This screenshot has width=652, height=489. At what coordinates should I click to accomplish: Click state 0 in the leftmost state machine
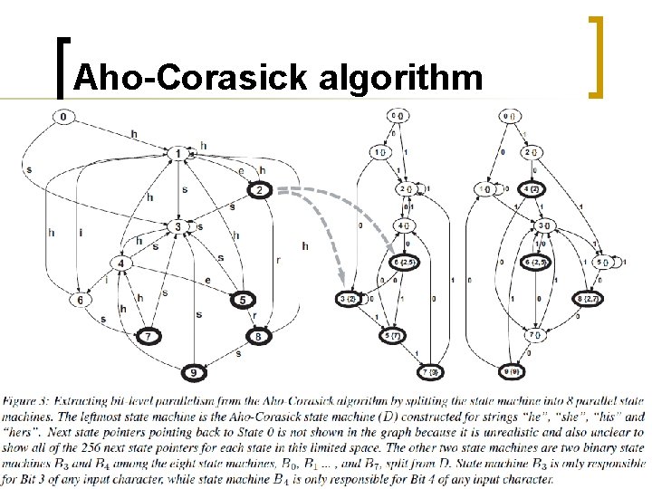tap(64, 117)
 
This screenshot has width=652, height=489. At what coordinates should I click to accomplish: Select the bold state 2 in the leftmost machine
tap(258, 190)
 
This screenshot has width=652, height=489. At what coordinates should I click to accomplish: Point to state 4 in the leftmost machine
tap(121, 264)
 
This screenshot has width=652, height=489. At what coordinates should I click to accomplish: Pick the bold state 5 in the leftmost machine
tap(243, 300)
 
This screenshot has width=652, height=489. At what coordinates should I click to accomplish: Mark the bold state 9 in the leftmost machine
tap(191, 372)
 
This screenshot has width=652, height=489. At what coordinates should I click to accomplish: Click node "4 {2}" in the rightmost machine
tap(532, 189)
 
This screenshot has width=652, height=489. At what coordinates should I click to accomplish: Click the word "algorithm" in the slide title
tap(401, 79)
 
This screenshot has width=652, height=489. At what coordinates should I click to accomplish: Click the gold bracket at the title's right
tap(597, 56)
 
